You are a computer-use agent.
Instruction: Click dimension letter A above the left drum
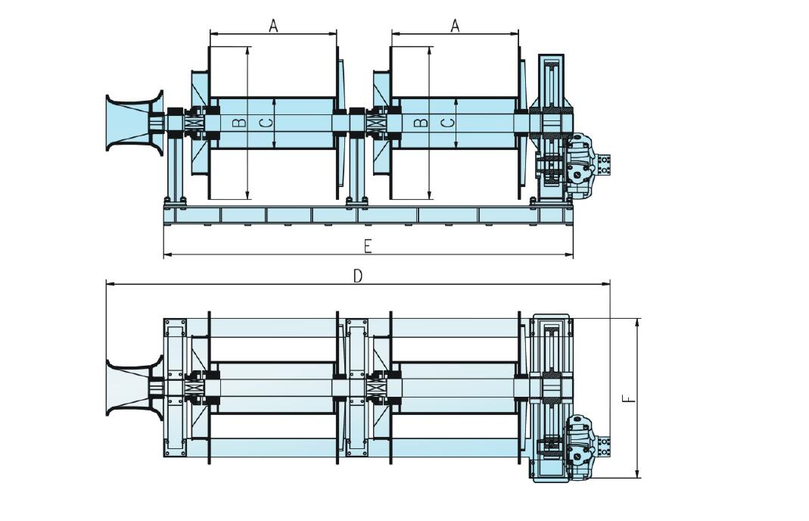274,25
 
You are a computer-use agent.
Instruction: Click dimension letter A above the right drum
455,25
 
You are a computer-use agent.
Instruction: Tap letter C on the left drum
263,122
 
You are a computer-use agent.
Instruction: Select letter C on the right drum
448,122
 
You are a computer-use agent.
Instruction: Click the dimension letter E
368,247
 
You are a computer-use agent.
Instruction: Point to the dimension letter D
358,276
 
